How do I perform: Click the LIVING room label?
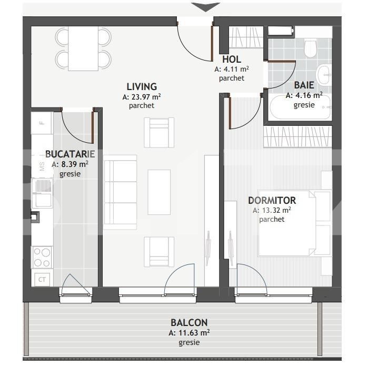[x=142, y=87]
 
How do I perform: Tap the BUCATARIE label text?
[x=70, y=154]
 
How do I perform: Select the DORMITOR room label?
[x=272, y=200]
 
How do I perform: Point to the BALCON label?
[x=189, y=322]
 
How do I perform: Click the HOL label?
[x=232, y=59]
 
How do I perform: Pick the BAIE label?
[x=304, y=85]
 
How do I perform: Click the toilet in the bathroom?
[x=310, y=48]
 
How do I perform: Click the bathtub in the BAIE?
[x=300, y=107]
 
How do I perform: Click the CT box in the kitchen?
[x=42, y=280]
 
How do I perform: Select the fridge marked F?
[x=42, y=123]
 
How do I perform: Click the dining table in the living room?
[x=83, y=48]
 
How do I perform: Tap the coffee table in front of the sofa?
[x=159, y=192]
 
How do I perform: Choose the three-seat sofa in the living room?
[x=120, y=192]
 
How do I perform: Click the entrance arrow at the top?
[x=206, y=7]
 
